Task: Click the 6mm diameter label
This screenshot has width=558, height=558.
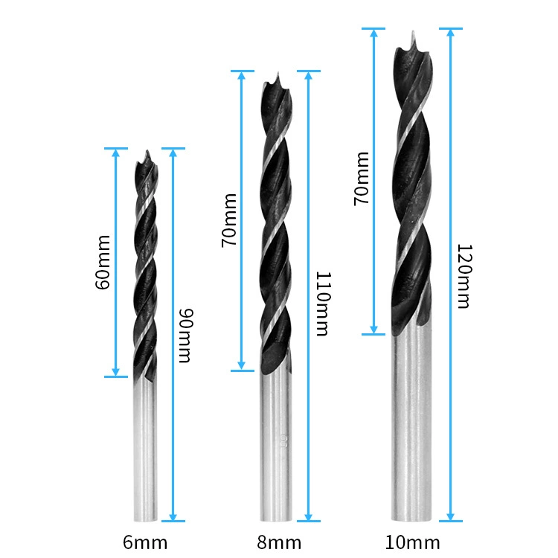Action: pos(145,542)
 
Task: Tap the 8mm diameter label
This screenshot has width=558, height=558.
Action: pos(279,542)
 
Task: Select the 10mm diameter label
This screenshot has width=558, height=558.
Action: pos(412,542)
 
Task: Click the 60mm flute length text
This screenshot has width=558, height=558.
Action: pos(103,263)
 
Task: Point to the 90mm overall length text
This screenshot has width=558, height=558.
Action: pos(186,336)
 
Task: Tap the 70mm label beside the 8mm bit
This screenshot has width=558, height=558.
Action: pos(229,220)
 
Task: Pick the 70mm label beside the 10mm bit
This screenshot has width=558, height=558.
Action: pos(362,179)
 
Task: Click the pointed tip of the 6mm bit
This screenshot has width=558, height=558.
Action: pos(147,151)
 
